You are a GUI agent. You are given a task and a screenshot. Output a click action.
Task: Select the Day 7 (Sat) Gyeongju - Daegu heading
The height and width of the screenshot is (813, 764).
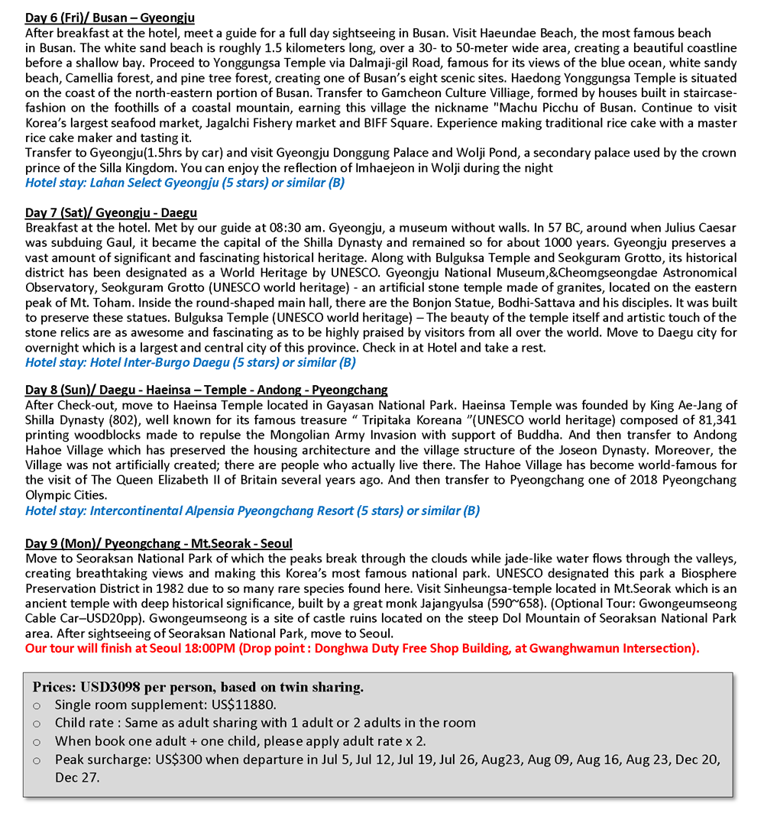click(111, 212)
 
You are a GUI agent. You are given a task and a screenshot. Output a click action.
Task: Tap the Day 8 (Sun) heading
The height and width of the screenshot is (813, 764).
click(206, 390)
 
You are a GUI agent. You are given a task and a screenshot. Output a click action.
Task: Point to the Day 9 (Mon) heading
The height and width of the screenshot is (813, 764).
click(158, 543)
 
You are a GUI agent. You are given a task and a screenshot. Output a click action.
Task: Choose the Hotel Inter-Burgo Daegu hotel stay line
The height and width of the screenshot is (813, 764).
click(190, 362)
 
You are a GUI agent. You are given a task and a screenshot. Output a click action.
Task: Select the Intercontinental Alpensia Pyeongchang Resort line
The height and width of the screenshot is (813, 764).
click(252, 510)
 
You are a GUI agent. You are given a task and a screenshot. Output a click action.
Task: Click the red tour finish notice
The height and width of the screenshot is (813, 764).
click(362, 648)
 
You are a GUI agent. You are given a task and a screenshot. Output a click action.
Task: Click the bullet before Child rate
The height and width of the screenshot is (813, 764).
click(36, 723)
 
